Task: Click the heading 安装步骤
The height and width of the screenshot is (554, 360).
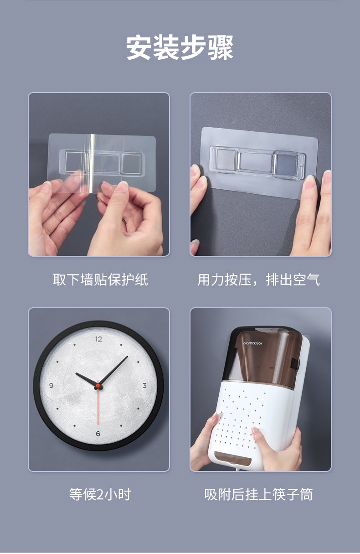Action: point(180,47)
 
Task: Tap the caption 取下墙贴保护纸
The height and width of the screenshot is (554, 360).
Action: point(100,280)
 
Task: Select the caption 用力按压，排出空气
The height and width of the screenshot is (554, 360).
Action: point(258,280)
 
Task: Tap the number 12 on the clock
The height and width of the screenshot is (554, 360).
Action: point(98,339)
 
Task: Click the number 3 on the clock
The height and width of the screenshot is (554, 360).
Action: point(144,385)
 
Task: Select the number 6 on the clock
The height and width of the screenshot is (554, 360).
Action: point(98,434)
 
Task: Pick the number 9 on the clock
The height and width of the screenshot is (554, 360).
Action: point(51,385)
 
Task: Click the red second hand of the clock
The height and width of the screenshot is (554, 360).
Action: point(98,403)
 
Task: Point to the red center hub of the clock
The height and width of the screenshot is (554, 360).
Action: point(98,386)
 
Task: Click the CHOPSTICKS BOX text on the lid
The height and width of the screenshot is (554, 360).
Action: point(253,343)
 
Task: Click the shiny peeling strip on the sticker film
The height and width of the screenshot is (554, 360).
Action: point(93,163)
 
